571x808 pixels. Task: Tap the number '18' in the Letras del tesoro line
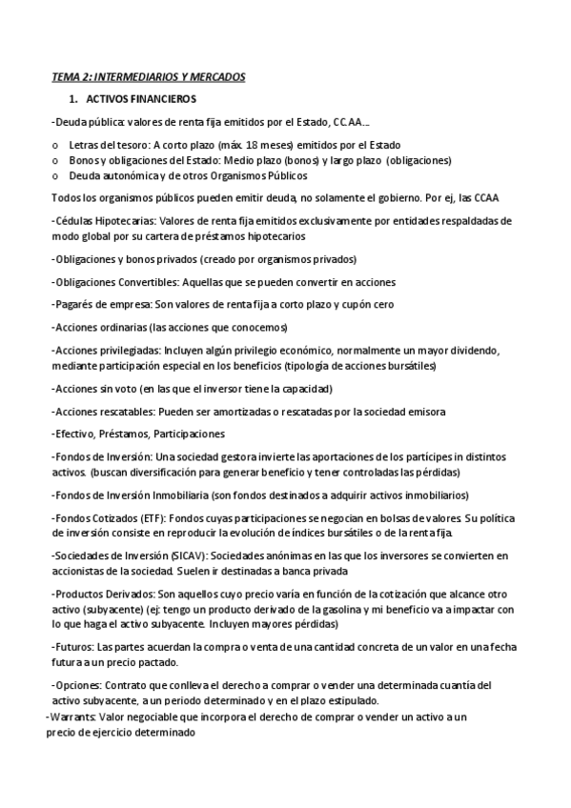click(x=255, y=145)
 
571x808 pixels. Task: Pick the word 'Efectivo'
click(x=74, y=434)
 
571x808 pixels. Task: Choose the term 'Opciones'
click(x=75, y=685)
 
